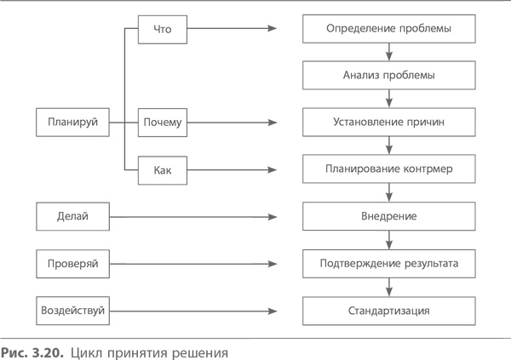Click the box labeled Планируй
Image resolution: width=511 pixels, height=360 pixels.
tap(74, 123)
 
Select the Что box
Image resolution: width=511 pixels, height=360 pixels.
tap(163, 29)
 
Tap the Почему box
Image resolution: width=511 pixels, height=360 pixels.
tap(163, 123)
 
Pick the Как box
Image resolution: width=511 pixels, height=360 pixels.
tap(163, 170)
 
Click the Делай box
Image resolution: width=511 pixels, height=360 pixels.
tap(74, 217)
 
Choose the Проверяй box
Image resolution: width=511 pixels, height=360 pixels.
tap(74, 265)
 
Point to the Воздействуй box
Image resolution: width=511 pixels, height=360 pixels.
tap(74, 311)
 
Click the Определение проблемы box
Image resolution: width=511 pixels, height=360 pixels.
tap(388, 29)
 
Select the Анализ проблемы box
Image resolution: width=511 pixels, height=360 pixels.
tap(388, 76)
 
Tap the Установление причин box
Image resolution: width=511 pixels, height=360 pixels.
tap(388, 123)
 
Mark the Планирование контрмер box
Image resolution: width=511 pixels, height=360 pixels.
tap(388, 170)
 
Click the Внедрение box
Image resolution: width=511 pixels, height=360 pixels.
tap(388, 217)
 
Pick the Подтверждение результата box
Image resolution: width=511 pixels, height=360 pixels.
tap(388, 265)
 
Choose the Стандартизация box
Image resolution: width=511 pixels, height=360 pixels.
tap(388, 311)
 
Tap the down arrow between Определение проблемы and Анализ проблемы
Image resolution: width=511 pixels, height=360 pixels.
tap(388, 53)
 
